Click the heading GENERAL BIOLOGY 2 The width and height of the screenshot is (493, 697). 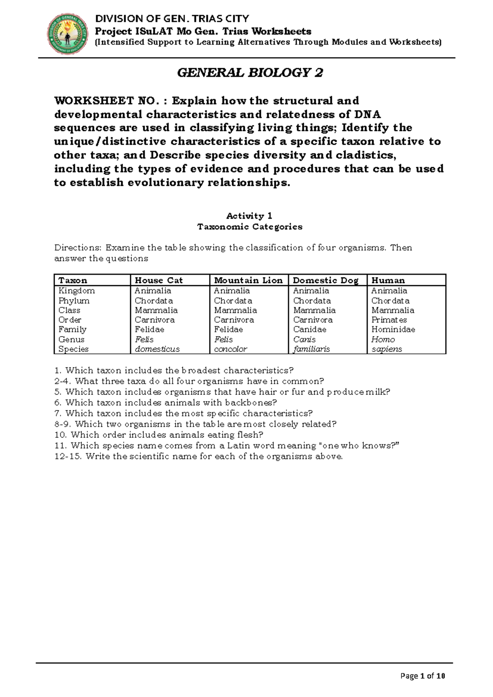pos(250,73)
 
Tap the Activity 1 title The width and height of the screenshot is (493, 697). pos(249,216)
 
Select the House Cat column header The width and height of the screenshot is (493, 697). pos(159,280)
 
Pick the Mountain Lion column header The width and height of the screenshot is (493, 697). pos(248,280)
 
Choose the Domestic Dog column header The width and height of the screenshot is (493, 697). pos(325,280)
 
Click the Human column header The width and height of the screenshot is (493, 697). pos(388,280)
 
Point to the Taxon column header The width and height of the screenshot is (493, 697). pos(73,280)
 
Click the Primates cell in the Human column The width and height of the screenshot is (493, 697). pos(389,320)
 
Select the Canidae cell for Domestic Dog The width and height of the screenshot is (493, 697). pos(310,329)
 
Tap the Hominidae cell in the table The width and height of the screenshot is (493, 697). pos(393,329)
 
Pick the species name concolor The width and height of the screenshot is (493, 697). pos(230,349)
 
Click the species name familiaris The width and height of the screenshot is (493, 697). pos(311,349)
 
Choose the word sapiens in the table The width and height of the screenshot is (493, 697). pos(387,349)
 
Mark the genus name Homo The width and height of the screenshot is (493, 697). pos(383,339)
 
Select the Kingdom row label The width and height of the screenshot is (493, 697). pos(76,291)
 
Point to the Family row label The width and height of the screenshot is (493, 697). pos(72,329)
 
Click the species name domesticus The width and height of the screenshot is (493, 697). pos(157,349)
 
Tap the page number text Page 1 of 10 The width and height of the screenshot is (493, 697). pos(423,676)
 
